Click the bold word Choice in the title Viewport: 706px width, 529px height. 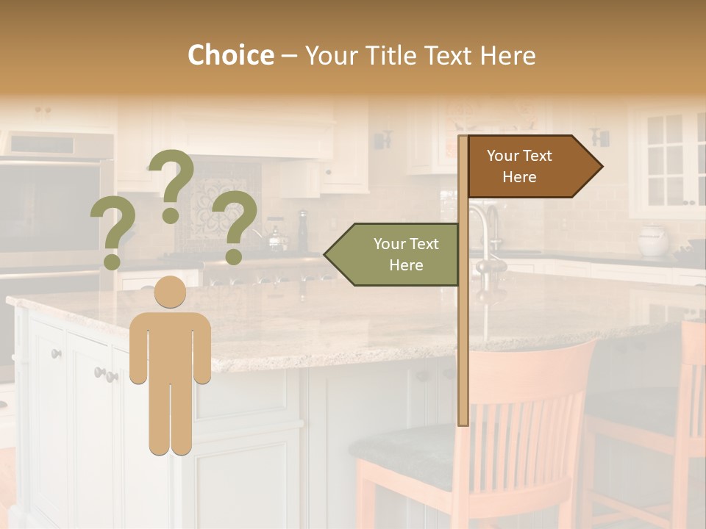pos(230,55)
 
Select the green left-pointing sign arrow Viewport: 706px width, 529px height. pos(393,254)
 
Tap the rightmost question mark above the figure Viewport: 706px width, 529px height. pos(235,224)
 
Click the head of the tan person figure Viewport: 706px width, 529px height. pos(170,292)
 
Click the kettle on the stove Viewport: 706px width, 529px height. pos(276,238)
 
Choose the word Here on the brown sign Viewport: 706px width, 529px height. pos(519,177)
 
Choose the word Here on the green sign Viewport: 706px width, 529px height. pos(406,265)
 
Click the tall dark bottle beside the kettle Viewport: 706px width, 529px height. pos(302,231)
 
